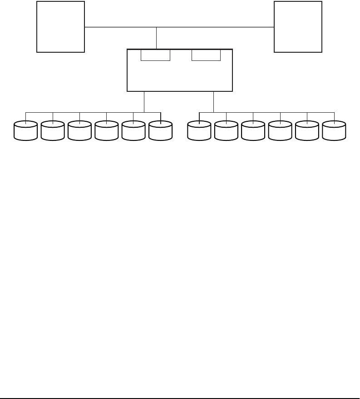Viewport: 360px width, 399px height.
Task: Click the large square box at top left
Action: pos(60,27)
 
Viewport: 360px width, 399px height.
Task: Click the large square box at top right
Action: pos(298,27)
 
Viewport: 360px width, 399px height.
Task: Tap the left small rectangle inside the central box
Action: pos(155,55)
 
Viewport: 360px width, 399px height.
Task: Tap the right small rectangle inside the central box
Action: pos(206,55)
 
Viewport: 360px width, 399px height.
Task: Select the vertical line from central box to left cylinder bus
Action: pos(144,102)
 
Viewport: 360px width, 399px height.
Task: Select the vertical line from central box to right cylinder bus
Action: pos(213,102)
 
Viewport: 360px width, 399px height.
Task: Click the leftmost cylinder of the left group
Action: pos(25,130)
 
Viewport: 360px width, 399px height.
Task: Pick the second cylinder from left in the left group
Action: pos(53,130)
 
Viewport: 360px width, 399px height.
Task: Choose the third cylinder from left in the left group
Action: pos(79,130)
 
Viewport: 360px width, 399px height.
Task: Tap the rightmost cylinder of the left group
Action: pos(161,130)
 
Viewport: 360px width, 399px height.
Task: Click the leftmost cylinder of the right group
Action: pos(200,130)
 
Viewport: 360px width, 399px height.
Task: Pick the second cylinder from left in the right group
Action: pos(227,130)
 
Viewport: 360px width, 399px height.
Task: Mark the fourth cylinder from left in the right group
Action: pos(281,130)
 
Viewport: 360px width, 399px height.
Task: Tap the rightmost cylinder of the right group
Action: pos(335,130)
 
